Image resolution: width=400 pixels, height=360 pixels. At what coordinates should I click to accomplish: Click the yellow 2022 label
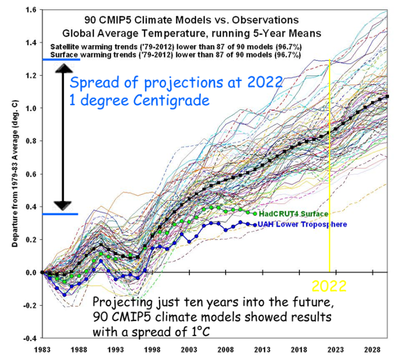click(x=329, y=286)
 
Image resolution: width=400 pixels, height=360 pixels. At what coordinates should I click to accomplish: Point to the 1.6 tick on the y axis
click(x=31, y=10)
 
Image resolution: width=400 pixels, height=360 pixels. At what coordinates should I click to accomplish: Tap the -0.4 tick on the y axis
click(x=29, y=338)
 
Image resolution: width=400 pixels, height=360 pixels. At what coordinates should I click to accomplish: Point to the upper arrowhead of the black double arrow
click(x=63, y=69)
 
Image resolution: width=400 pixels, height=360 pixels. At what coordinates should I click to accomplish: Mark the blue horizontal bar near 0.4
click(x=60, y=214)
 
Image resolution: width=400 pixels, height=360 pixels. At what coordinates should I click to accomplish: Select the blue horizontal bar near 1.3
click(x=60, y=59)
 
